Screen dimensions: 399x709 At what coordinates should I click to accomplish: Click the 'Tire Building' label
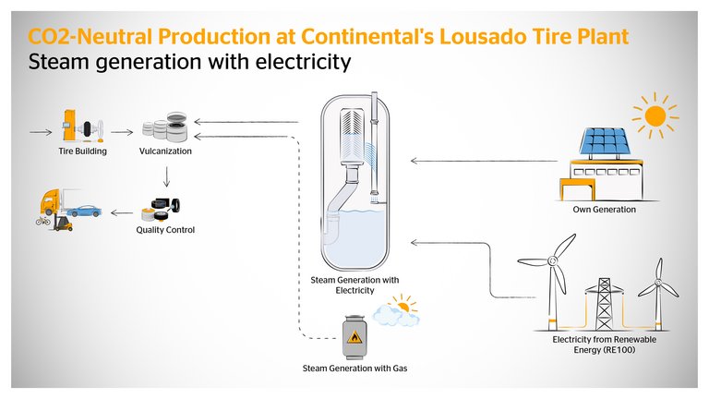(78, 151)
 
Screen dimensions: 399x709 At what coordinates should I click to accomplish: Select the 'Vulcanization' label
(167, 151)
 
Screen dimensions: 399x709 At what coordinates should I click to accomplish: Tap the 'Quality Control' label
(165, 230)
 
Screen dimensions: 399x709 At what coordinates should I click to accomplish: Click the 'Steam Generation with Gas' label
(355, 369)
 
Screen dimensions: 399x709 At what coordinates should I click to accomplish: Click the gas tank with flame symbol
(354, 338)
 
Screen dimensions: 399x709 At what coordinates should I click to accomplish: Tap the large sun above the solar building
(655, 116)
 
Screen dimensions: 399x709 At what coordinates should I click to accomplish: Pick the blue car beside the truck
(85, 210)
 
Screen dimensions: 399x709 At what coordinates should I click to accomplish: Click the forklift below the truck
(63, 223)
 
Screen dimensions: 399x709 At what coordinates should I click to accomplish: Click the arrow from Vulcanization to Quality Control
(166, 176)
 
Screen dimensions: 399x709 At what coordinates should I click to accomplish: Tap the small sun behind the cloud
(402, 304)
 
